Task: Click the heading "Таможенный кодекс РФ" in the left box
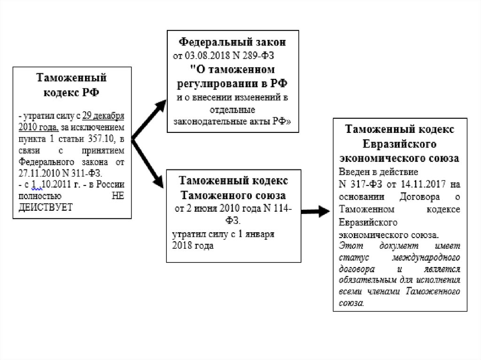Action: (x=71, y=84)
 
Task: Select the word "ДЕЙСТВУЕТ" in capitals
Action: (x=46, y=207)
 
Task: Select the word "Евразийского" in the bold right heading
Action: (x=400, y=143)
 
